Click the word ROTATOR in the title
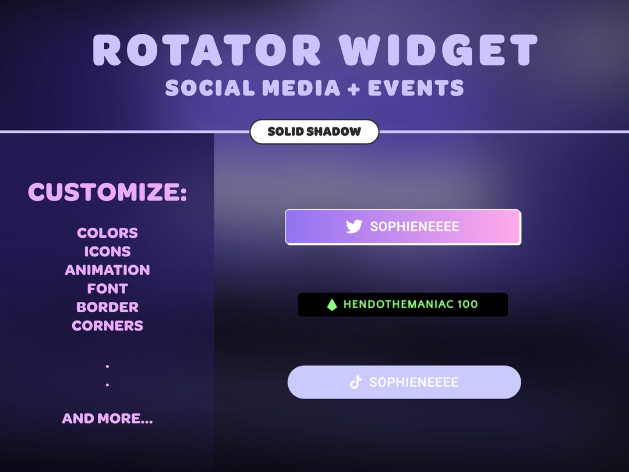click(x=207, y=50)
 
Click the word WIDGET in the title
click(x=439, y=50)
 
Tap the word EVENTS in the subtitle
click(x=416, y=88)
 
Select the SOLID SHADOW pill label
click(x=314, y=132)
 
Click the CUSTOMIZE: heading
click(x=108, y=192)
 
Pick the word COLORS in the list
click(x=108, y=233)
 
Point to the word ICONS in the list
click(x=108, y=252)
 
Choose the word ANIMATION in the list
click(x=108, y=270)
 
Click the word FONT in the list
click(x=108, y=288)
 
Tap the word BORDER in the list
click(x=108, y=307)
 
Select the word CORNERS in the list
click(x=108, y=326)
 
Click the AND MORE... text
click(x=108, y=418)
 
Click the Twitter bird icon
click(x=354, y=227)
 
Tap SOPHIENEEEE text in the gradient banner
click(x=415, y=227)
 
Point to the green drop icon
click(x=332, y=305)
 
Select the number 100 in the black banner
click(x=468, y=304)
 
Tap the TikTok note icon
click(x=356, y=382)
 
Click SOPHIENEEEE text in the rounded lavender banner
click(x=414, y=382)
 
